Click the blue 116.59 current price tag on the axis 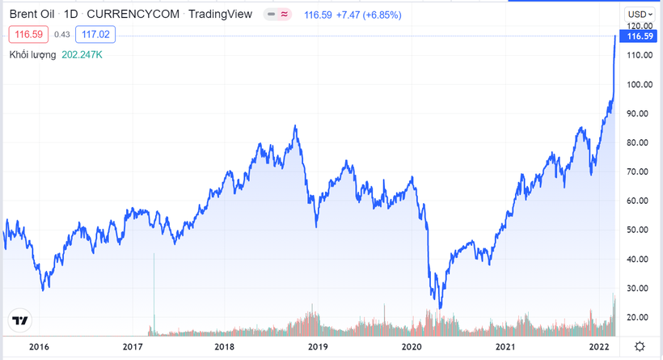click(x=639, y=36)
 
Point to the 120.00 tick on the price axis click(x=640, y=26)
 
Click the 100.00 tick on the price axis click(x=640, y=84)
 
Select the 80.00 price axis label click(x=640, y=142)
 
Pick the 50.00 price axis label click(x=640, y=230)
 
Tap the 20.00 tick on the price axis click(x=640, y=317)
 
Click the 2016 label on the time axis click(x=39, y=346)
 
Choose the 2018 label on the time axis click(x=225, y=346)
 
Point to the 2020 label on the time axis click(x=412, y=346)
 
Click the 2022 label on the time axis click(x=598, y=346)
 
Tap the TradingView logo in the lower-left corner click(x=20, y=320)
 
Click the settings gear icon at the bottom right click(x=640, y=346)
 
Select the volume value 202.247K click(x=82, y=55)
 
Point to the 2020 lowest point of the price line click(x=440, y=307)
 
